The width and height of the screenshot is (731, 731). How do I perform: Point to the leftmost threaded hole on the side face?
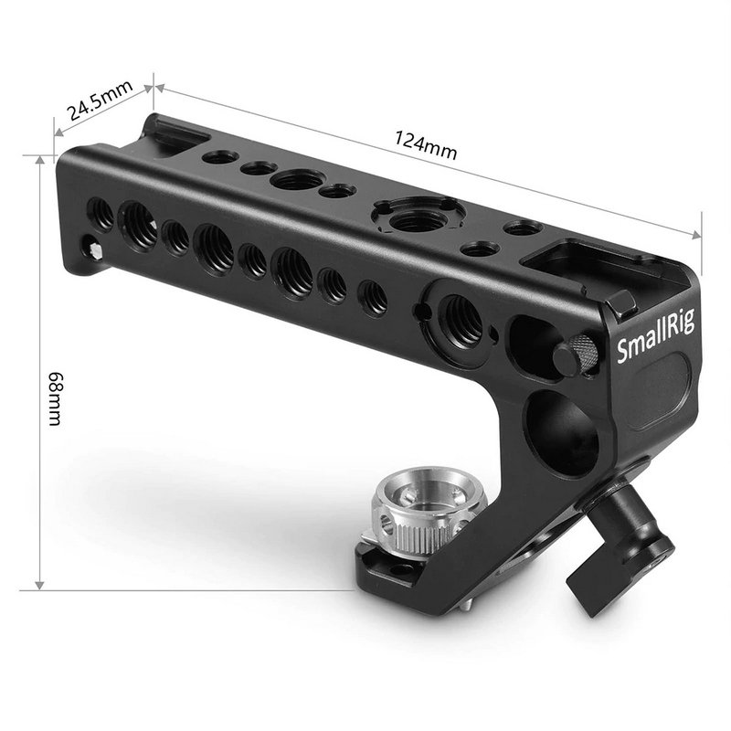pos(103,213)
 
